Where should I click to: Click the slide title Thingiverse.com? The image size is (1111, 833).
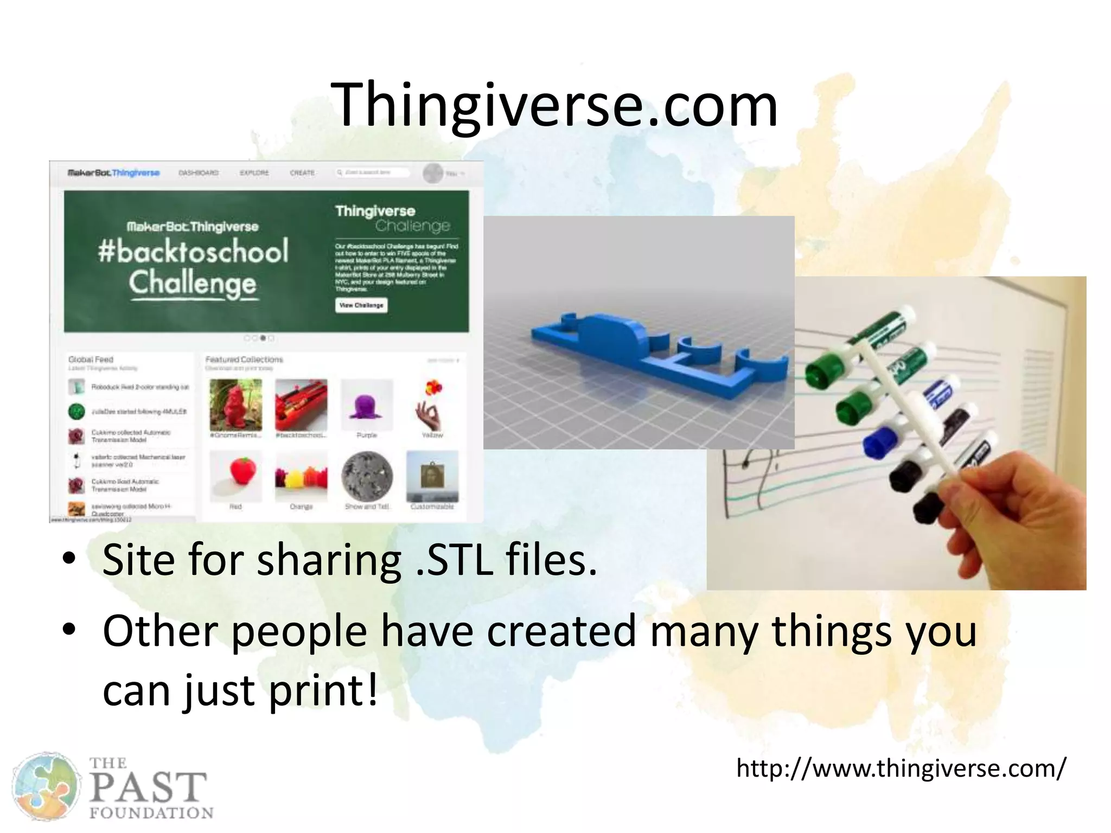[557, 104]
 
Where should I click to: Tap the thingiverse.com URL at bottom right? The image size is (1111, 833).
[901, 768]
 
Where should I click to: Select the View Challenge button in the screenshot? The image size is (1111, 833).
[361, 305]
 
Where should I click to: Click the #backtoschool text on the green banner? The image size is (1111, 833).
[193, 251]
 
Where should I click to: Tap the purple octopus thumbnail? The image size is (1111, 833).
[367, 406]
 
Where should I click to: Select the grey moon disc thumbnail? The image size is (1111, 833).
[367, 476]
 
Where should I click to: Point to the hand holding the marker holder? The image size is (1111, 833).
[1009, 504]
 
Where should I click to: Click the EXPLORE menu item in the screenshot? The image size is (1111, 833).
[254, 172]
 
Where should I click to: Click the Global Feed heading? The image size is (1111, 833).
[91, 360]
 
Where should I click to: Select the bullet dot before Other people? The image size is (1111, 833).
[68, 630]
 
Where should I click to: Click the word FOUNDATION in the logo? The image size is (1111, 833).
[151, 813]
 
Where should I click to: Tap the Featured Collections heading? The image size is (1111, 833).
[244, 360]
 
